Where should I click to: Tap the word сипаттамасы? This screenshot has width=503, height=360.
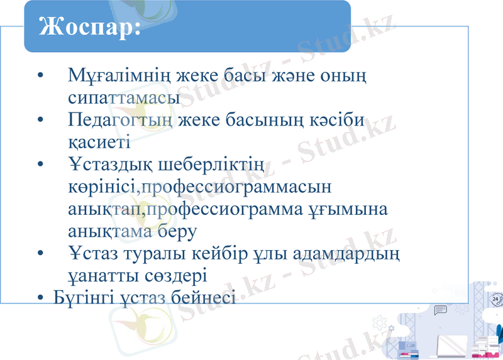click(x=124, y=99)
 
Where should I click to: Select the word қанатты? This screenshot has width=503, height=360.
click(x=101, y=275)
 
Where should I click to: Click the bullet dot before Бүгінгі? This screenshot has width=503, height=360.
click(x=41, y=297)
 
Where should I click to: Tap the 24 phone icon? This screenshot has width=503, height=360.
click(x=495, y=299)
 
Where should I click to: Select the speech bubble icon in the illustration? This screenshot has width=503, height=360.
click(x=440, y=309)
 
